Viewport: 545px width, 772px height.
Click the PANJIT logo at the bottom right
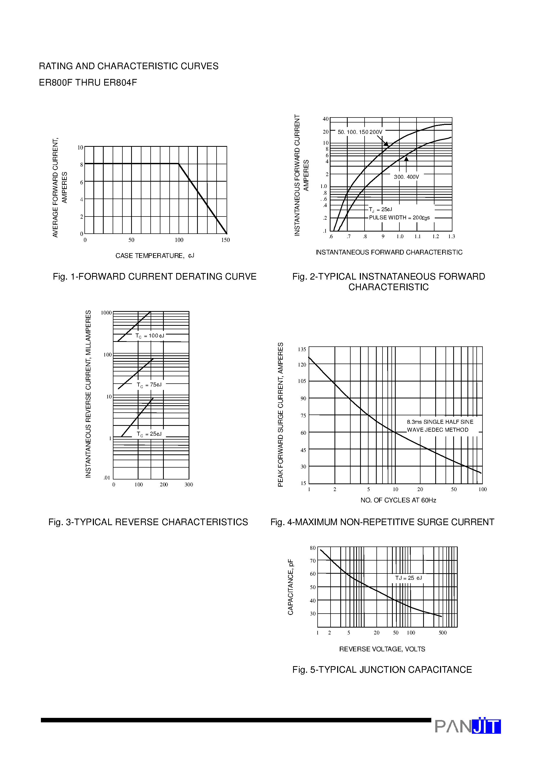tap(467, 726)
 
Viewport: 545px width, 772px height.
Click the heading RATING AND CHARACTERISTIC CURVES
tap(128, 66)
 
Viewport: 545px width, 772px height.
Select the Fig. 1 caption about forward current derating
tap(155, 276)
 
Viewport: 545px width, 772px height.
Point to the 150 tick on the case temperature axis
tap(226, 240)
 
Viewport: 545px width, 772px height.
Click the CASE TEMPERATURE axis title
tap(155, 256)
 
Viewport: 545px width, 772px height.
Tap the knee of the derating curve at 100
tap(178, 164)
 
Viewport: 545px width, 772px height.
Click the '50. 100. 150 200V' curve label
tap(360, 132)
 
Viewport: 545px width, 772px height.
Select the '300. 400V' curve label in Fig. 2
tap(406, 177)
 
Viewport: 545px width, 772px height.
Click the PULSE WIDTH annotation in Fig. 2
tap(399, 218)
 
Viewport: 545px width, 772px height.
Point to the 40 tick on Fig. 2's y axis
tap(325, 119)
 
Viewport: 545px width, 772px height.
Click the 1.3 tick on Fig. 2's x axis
tap(451, 236)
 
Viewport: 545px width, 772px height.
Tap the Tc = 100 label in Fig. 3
tap(150, 336)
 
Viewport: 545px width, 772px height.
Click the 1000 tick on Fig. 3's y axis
tap(106, 313)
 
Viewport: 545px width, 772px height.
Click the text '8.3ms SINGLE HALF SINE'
tap(440, 422)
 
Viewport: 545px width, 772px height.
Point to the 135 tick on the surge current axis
tap(302, 349)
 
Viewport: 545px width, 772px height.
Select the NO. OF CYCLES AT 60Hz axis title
tap(398, 500)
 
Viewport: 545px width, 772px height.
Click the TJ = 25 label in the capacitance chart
tap(408, 578)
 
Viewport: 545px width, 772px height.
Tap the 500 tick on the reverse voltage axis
tap(443, 632)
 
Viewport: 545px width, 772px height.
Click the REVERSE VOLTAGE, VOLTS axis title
tap(382, 649)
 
